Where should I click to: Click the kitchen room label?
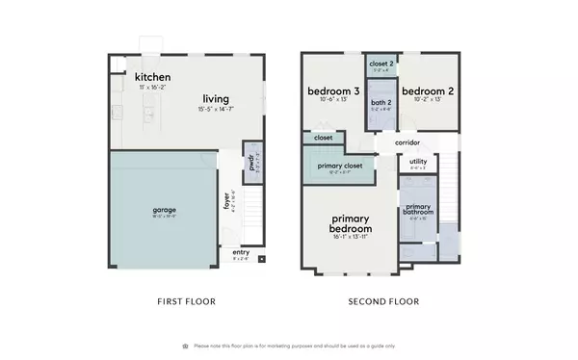tap(153, 77)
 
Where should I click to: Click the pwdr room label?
tap(250, 160)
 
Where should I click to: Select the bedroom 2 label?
tap(420, 91)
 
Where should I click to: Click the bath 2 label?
tap(380, 102)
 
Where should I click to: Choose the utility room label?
tap(418, 162)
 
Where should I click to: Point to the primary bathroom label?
tap(418, 209)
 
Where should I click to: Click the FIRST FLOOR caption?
tap(186, 301)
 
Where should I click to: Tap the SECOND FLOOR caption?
tap(383, 301)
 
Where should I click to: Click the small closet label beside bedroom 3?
tap(324, 138)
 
